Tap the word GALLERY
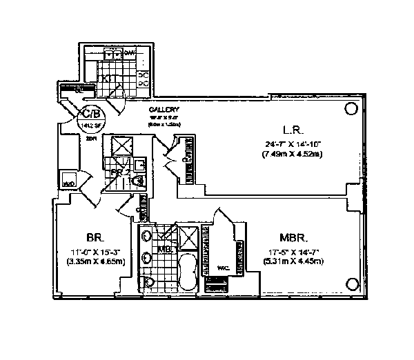click(164, 110)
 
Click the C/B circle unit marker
click(92, 114)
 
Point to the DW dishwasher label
click(138, 52)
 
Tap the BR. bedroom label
click(95, 234)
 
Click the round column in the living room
click(351, 108)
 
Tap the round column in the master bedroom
click(351, 282)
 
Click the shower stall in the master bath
click(187, 238)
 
